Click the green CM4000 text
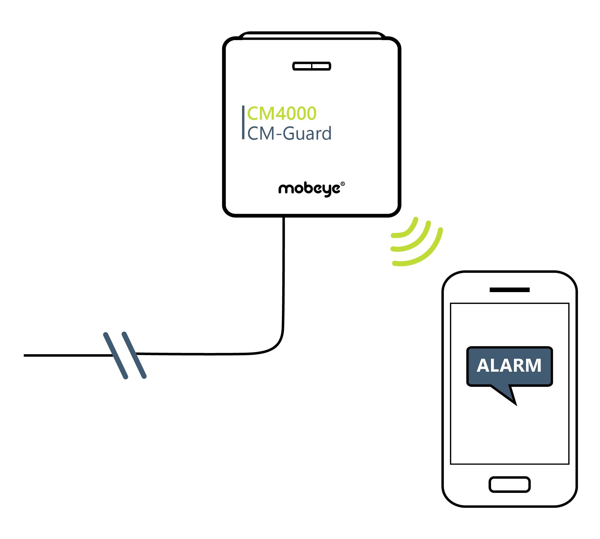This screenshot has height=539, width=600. point(282,114)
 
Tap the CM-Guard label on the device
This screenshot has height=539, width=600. point(289,134)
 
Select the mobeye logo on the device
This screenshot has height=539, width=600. point(309,189)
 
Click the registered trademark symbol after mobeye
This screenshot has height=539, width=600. point(342,184)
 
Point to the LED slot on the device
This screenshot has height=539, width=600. point(311,66)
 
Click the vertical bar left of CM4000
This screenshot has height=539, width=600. point(243,122)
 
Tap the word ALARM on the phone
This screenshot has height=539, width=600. point(509,366)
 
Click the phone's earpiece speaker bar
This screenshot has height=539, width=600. point(509,290)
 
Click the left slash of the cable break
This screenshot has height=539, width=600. point(115,355)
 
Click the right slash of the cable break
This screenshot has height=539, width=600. point(134,355)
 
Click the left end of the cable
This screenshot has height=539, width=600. point(25,355)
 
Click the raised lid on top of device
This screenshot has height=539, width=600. point(311,35)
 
